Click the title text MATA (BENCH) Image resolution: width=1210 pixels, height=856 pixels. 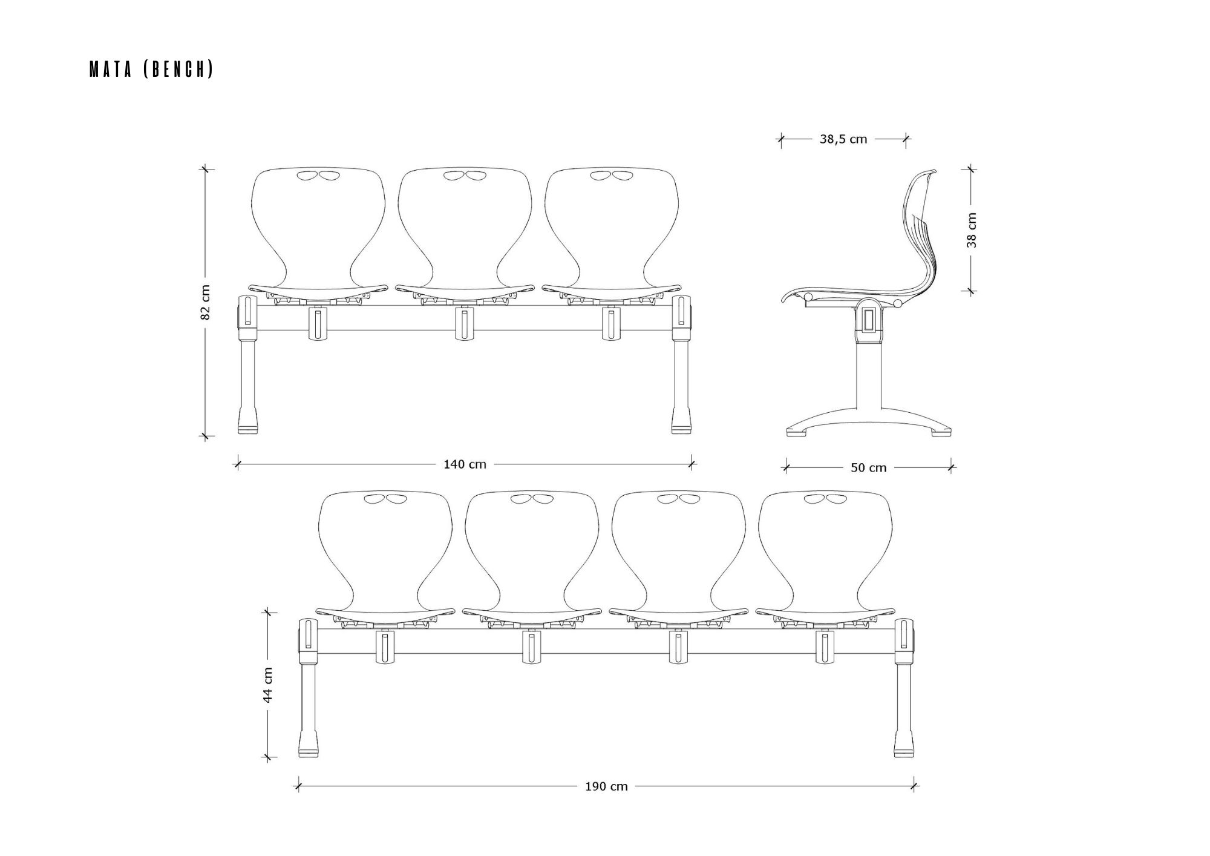point(151,70)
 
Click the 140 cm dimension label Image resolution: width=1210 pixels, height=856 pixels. point(465,464)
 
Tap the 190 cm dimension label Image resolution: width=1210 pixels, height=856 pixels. point(606,786)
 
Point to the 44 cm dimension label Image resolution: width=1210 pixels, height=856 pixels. point(267,684)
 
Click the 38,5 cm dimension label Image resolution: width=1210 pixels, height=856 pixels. point(843,139)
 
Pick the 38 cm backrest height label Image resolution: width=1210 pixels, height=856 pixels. point(972,230)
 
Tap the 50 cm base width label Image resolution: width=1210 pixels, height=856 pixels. point(869,467)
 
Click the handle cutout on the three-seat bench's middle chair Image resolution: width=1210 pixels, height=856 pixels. point(465,176)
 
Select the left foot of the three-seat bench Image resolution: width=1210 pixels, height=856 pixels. point(247,421)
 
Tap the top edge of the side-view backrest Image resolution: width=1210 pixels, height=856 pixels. point(930,172)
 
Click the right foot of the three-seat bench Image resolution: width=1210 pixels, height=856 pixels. point(681,421)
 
